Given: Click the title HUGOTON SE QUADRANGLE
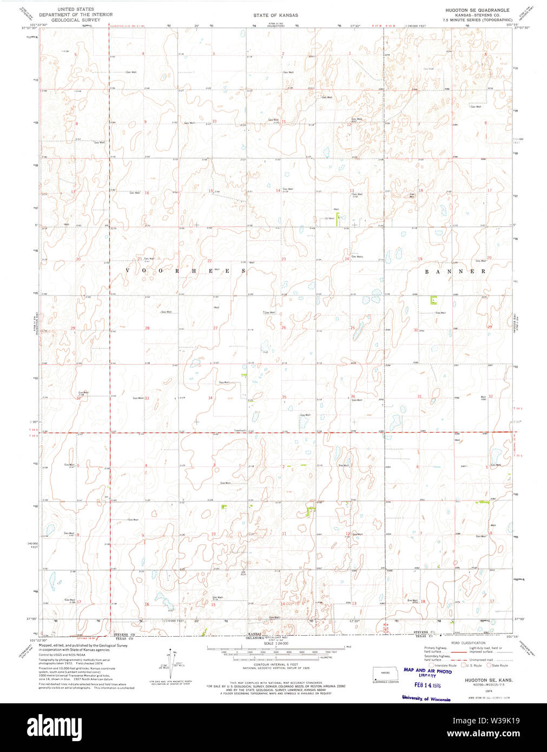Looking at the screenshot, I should pyautogui.click(x=477, y=10).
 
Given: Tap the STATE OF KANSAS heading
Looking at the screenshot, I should pyautogui.click(x=275, y=15).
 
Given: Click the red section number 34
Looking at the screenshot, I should pyautogui.click(x=210, y=398).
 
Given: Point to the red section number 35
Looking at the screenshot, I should pyautogui.click(x=284, y=397).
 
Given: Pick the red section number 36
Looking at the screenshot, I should pyautogui.click(x=353, y=397).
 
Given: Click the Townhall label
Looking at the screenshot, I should pyautogui.click(x=240, y=431).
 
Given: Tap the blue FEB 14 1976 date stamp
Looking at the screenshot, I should pyautogui.click(x=427, y=684).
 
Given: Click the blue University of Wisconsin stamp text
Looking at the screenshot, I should pyautogui.click(x=426, y=699).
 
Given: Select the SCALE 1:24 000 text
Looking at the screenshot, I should pyautogui.click(x=276, y=643).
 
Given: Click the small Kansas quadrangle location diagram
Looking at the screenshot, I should pyautogui.click(x=385, y=674).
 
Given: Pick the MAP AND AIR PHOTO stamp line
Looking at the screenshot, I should pyautogui.click(x=427, y=671).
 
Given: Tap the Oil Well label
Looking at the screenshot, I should pyautogui.click(x=329, y=219).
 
